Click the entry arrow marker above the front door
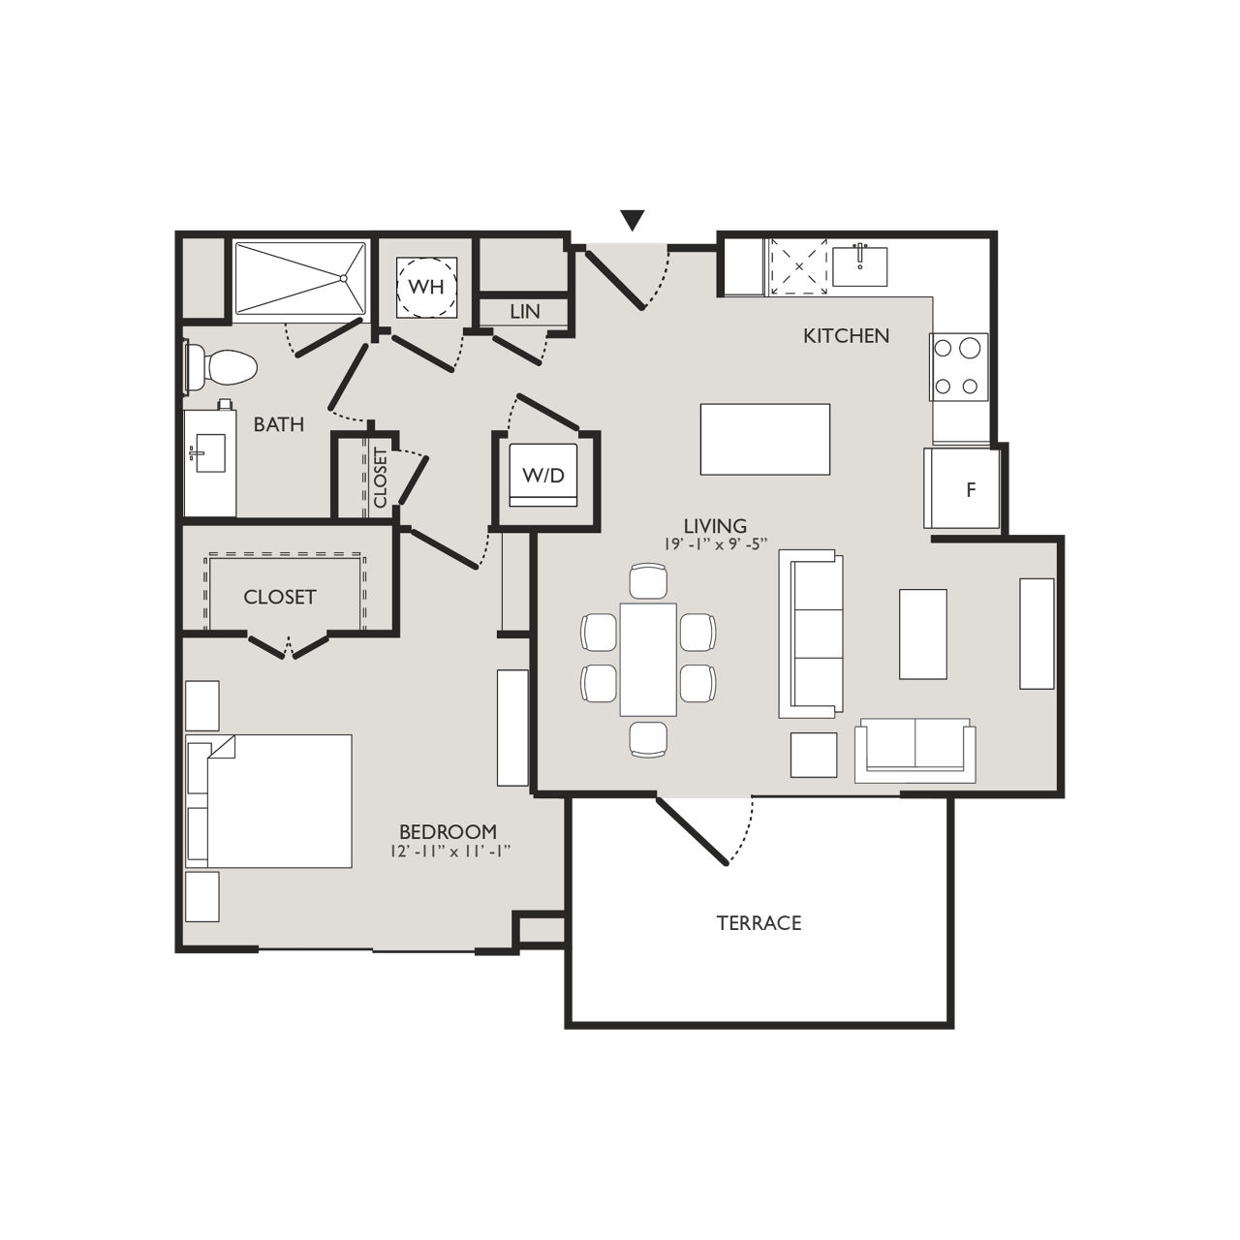tap(633, 221)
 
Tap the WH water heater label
tap(426, 287)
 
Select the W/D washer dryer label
tap(542, 475)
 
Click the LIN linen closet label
tap(524, 312)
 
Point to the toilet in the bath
tap(223, 367)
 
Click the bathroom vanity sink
tap(207, 451)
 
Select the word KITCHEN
tap(846, 336)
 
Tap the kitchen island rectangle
tap(764, 439)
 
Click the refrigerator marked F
tap(970, 489)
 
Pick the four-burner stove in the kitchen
tap(957, 366)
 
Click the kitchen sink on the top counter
tap(859, 265)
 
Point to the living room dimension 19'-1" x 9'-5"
tap(716, 544)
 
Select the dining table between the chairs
tap(648, 659)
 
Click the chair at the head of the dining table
tap(648, 581)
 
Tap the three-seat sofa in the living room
tap(812, 635)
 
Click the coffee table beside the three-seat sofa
tap(922, 634)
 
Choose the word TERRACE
tap(759, 923)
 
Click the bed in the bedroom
tap(271, 800)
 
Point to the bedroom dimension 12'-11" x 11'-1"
tap(448, 852)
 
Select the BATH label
tap(279, 424)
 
